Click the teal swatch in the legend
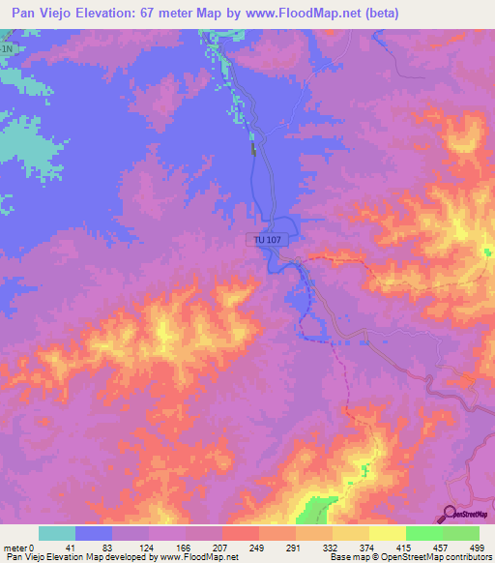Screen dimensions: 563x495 (57, 533)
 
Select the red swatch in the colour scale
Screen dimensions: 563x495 (241, 533)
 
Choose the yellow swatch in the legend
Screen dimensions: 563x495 (387, 533)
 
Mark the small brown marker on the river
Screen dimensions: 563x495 (254, 149)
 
